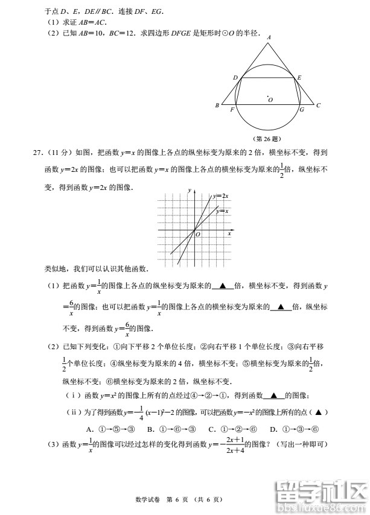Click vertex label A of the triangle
click(x=269, y=37)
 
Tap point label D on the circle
click(x=235, y=77)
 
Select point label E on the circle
click(x=299, y=77)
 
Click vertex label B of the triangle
click(x=217, y=106)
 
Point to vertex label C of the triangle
click(x=318, y=106)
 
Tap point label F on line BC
click(x=232, y=110)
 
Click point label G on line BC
click(x=301, y=110)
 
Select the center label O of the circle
click(x=270, y=100)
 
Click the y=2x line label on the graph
click(x=220, y=196)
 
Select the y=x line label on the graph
click(x=222, y=211)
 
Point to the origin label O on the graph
click(x=197, y=235)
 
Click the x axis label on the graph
click(x=229, y=233)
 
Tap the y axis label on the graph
click(x=189, y=191)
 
